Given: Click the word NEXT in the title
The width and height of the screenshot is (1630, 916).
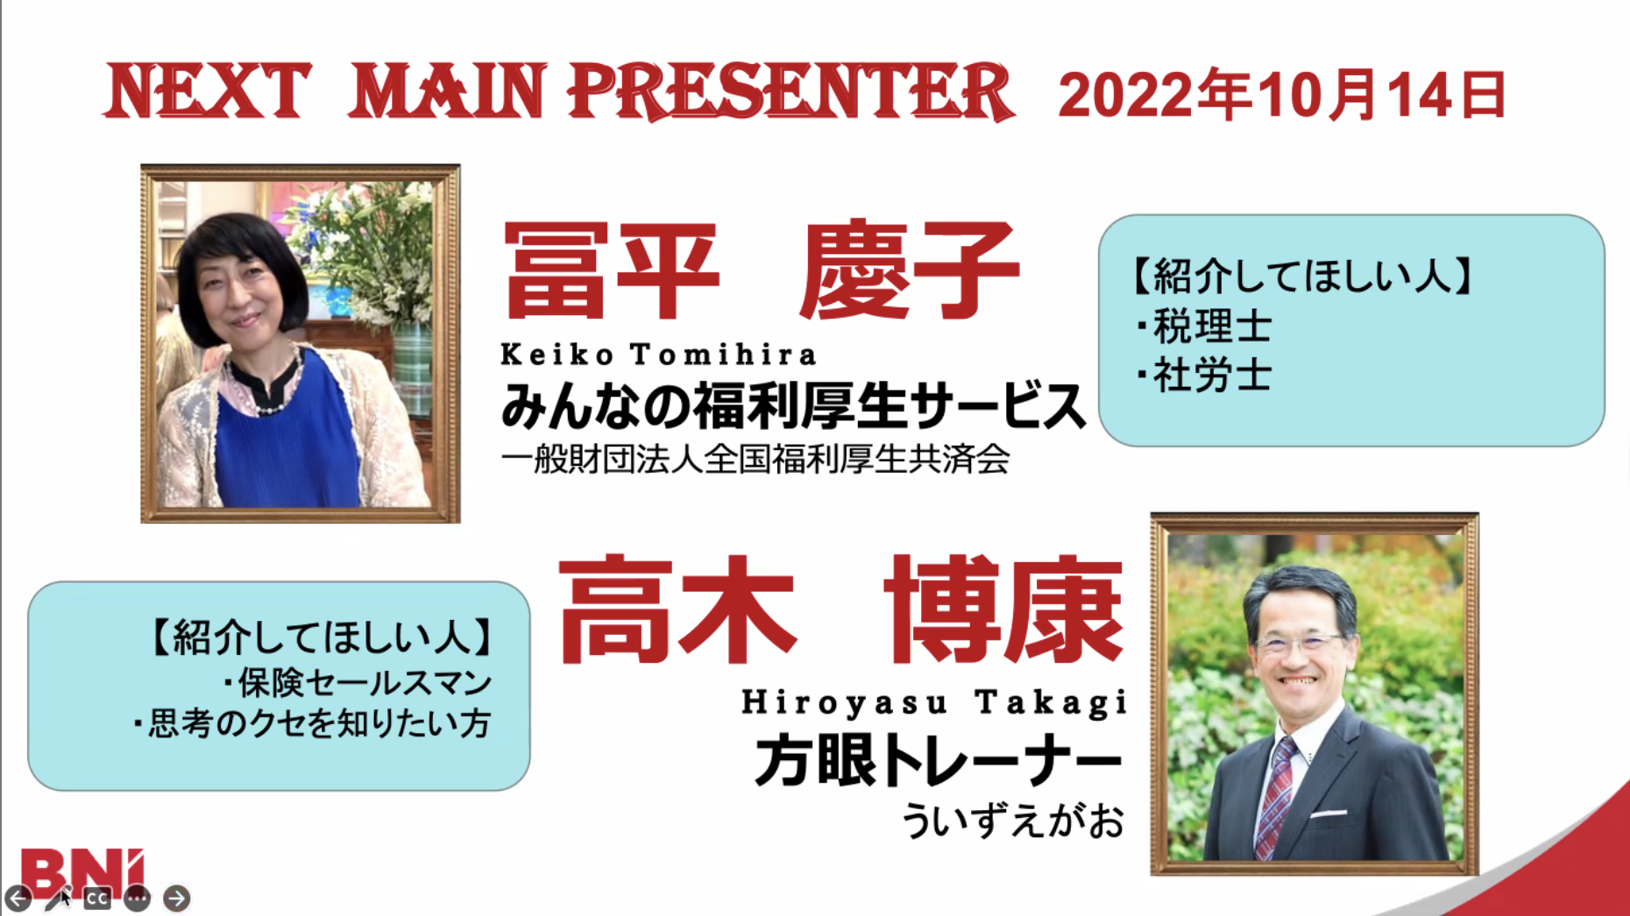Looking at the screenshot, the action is pyautogui.click(x=208, y=91).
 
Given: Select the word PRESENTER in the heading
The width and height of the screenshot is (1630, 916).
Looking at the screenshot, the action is pyautogui.click(x=790, y=91).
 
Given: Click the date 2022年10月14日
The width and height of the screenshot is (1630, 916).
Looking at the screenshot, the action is pyautogui.click(x=1282, y=95).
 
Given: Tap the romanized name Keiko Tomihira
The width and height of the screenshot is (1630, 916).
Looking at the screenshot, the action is pyautogui.click(x=658, y=354).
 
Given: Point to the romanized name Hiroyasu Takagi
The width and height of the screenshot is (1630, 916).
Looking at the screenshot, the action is pyautogui.click(x=934, y=702).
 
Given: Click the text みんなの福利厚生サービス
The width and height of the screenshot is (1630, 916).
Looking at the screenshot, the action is pyautogui.click(x=793, y=406).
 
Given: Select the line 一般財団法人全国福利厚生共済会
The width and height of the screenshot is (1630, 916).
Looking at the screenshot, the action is pyautogui.click(x=755, y=459).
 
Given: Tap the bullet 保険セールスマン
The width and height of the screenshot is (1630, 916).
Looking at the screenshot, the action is pyautogui.click(x=357, y=683).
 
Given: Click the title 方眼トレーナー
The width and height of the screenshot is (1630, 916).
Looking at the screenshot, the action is pyautogui.click(x=939, y=760).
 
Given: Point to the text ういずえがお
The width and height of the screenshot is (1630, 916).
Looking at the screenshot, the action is pyautogui.click(x=1013, y=821).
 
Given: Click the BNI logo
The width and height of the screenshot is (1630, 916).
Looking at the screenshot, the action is pyautogui.click(x=81, y=872).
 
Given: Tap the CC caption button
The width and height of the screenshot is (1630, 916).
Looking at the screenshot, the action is pyautogui.click(x=96, y=898).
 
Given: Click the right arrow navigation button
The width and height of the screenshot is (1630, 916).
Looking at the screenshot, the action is pyautogui.click(x=176, y=898).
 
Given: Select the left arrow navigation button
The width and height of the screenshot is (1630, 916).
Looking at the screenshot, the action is pyautogui.click(x=18, y=898).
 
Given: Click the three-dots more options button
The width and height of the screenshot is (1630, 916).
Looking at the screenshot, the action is pyautogui.click(x=137, y=898).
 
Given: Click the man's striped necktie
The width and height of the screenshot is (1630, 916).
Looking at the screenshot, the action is pyautogui.click(x=1272, y=797).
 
